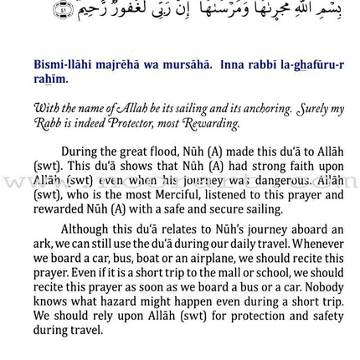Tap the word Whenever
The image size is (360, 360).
[x=314, y=243]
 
